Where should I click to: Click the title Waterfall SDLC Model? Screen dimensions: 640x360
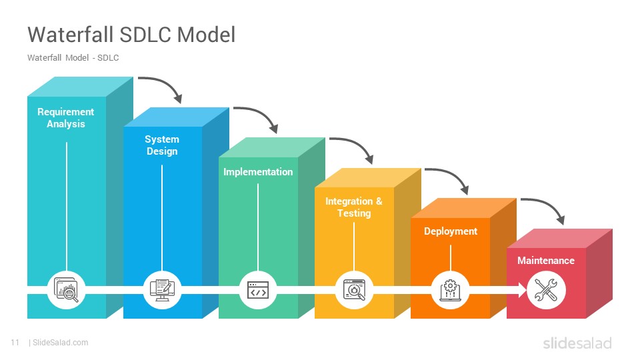(131, 34)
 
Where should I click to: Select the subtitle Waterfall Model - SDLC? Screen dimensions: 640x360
(73, 58)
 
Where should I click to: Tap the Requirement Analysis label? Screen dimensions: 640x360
(66, 118)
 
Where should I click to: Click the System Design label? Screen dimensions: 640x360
(162, 145)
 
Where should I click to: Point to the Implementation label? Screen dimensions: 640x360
(258, 172)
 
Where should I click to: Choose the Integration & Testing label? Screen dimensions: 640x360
(354, 207)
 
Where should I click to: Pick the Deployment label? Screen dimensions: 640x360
(451, 231)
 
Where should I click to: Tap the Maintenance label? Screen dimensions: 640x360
(546, 261)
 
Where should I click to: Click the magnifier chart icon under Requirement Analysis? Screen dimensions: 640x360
(66, 290)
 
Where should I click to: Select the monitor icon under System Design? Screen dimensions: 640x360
(162, 290)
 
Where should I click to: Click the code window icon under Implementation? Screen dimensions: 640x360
(258, 290)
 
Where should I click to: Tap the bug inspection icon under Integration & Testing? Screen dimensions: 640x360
(354, 290)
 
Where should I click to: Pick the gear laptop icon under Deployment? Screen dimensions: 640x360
(450, 290)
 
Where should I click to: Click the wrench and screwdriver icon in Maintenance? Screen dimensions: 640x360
(546, 290)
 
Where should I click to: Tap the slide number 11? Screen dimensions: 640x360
(15, 343)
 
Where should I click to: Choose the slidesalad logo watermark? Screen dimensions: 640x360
(577, 343)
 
